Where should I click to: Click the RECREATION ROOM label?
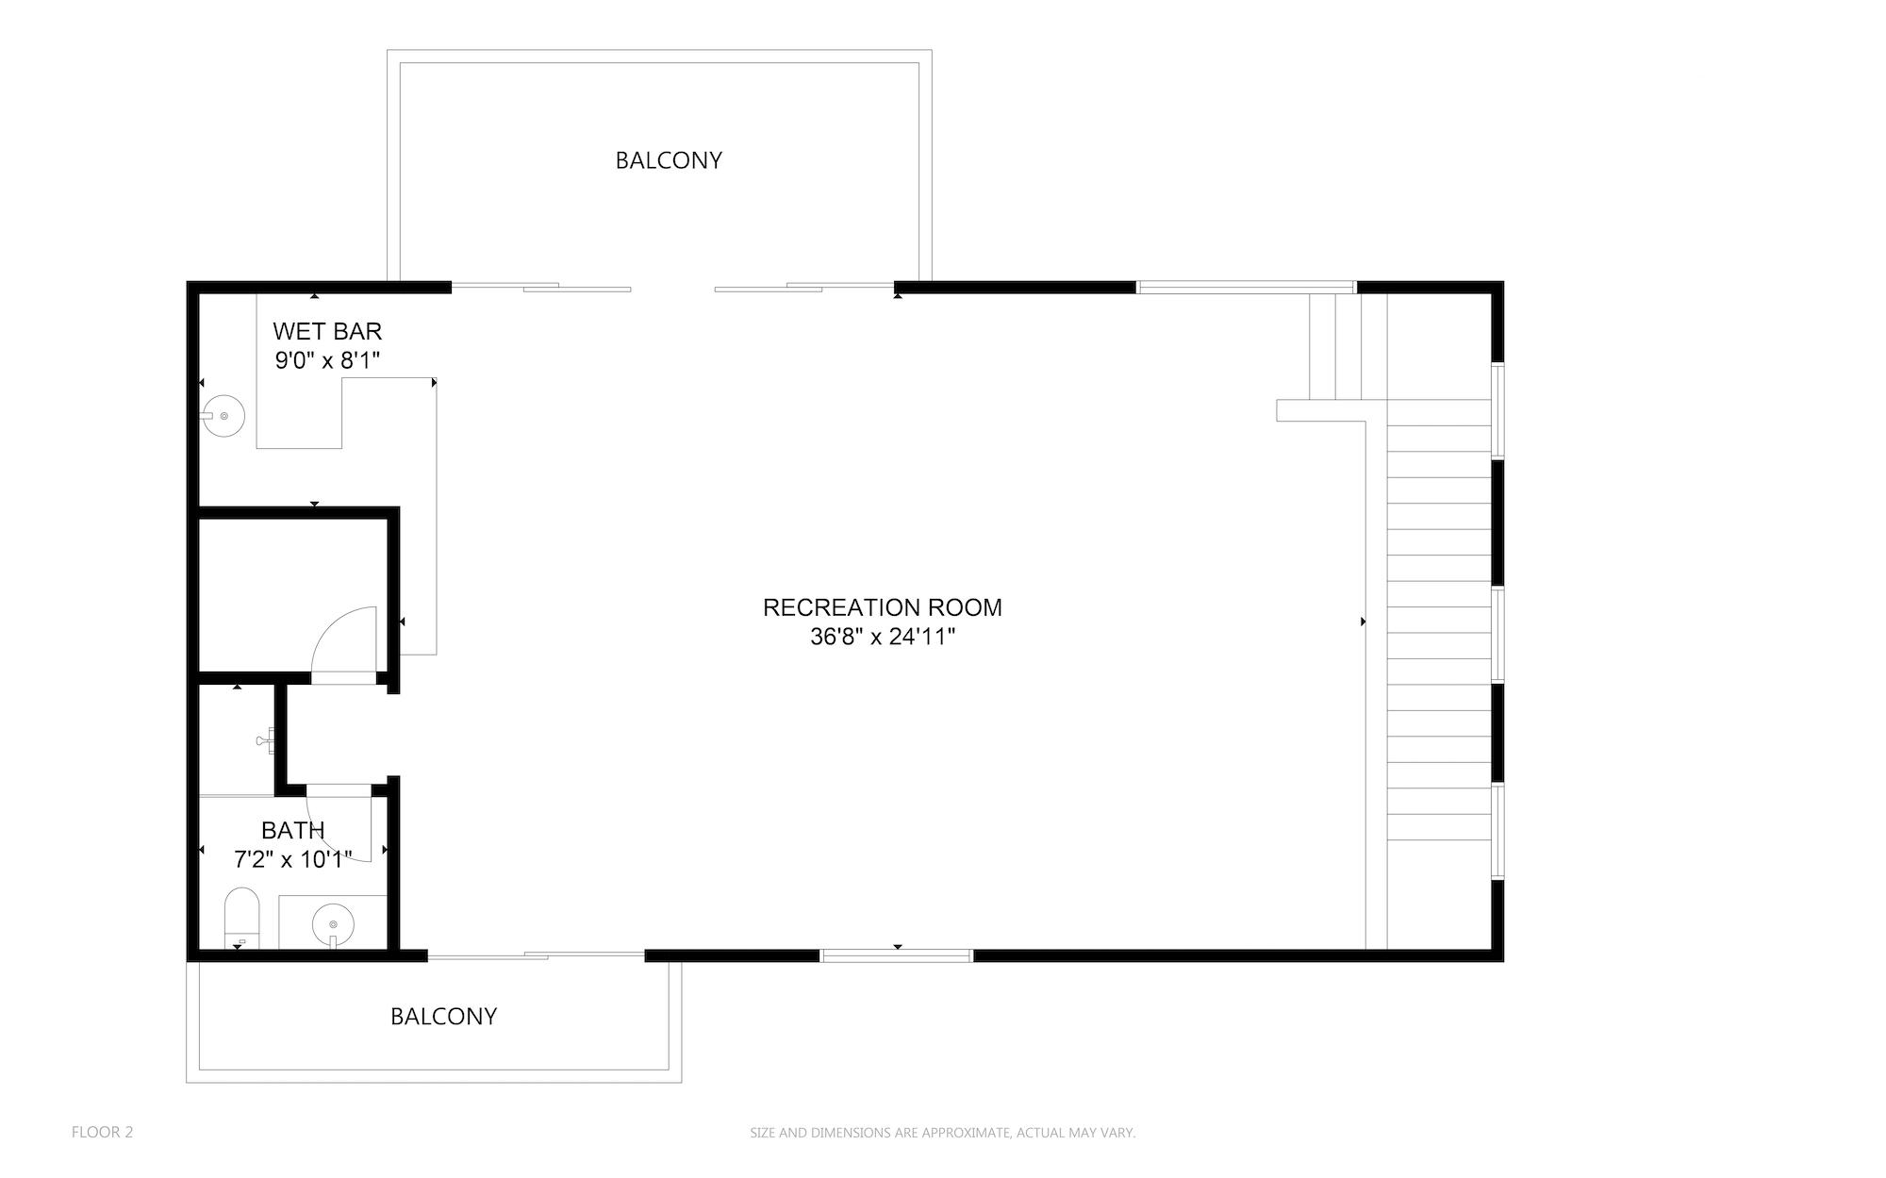882,607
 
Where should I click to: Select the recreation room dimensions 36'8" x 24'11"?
883,638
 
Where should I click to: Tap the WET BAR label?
327,331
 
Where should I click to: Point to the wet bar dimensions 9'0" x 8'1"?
327,360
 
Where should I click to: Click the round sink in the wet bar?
223,415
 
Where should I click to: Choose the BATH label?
293,830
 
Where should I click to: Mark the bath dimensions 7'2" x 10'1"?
293,859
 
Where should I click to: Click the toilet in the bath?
241,918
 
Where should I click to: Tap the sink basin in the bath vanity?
333,923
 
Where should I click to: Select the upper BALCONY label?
669,160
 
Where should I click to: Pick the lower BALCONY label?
443,1016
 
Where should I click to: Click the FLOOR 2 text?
102,1132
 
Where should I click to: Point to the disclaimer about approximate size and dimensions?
942,1133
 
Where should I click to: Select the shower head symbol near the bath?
266,741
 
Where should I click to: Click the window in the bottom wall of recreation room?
896,955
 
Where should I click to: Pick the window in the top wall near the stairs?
1246,287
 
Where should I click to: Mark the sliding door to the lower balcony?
536,955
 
